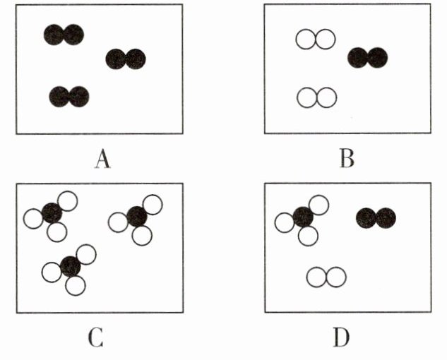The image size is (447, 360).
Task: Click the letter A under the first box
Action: pos(103,160)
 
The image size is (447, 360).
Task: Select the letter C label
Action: pos(97,338)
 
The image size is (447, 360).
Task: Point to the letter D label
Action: pos(342,338)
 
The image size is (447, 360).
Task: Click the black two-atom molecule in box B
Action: pos(368,57)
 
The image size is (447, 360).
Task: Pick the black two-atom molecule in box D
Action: pos(376,218)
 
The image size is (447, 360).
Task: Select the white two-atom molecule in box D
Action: pos(326,277)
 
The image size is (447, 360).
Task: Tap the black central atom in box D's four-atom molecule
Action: pos(304,217)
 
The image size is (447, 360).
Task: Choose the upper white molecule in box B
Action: pos(315,40)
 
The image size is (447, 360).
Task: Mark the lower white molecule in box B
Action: pos(316,97)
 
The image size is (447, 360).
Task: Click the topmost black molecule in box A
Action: pos(64,35)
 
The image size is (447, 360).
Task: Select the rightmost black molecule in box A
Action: pos(126,59)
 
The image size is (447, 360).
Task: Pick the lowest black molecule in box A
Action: pos(69,96)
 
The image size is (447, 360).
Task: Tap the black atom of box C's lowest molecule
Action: pos(70,266)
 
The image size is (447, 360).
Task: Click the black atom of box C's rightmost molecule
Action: pos(136,216)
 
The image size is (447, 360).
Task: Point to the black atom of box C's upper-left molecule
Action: pos(52,212)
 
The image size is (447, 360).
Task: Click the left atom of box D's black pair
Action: pos(366,218)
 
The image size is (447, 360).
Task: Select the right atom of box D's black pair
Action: pos(386,218)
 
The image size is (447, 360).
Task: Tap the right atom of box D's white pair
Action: pos(336,277)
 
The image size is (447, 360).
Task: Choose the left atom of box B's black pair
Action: pos(358,57)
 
